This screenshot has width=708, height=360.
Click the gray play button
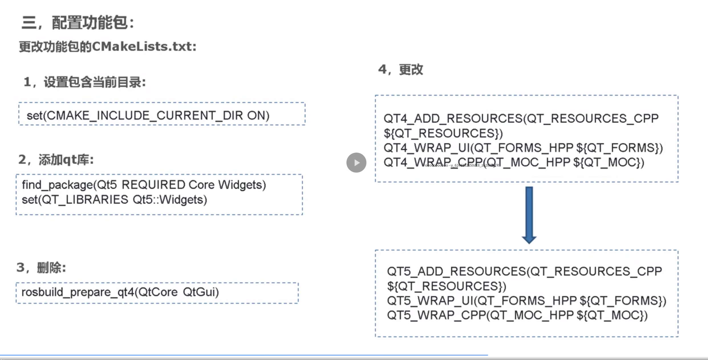coord(356,163)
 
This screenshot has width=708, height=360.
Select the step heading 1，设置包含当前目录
coord(85,82)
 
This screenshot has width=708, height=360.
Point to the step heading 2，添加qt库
coord(56,160)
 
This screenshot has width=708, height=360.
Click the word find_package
coord(57,185)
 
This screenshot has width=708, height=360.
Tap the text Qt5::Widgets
coord(170,200)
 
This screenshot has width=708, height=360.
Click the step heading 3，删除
coord(41,268)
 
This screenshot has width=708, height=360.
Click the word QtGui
coord(200,292)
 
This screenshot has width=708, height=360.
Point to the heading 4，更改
coord(401,69)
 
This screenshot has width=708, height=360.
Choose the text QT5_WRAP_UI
coord(430,301)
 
